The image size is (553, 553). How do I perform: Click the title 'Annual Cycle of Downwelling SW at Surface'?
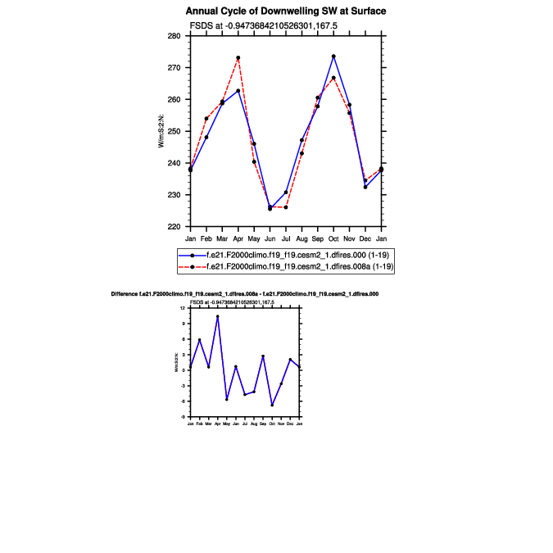(x=286, y=11)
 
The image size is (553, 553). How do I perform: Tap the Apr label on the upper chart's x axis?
(x=238, y=238)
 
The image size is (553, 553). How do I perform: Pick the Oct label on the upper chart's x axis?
(x=333, y=238)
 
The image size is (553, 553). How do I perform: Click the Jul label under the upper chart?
(x=286, y=238)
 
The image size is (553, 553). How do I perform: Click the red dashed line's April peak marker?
(x=238, y=58)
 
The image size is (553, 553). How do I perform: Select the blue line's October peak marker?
(x=333, y=57)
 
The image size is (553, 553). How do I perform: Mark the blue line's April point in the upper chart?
(x=238, y=91)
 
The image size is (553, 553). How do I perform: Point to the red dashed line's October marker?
(x=333, y=78)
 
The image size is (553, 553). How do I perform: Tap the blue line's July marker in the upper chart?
(x=286, y=193)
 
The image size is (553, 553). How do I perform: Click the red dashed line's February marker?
(x=206, y=119)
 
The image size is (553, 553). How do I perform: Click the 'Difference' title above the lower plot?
(x=244, y=293)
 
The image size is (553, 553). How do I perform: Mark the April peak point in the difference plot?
(x=217, y=316)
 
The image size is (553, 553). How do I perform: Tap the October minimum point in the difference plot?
(x=272, y=406)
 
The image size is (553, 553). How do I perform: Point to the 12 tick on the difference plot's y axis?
(x=184, y=308)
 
